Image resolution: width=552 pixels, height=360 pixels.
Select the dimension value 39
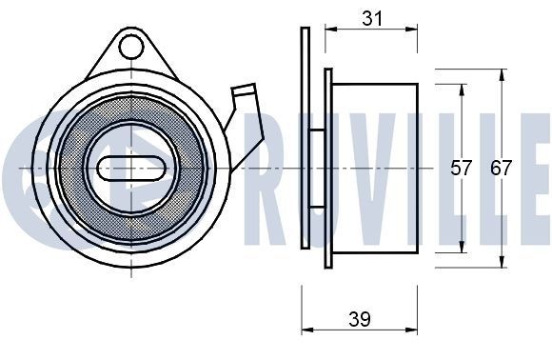[359, 319]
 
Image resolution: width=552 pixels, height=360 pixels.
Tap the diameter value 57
[462, 169]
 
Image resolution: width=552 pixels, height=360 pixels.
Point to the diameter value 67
[502, 169]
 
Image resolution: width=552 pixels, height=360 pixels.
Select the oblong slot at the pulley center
[132, 167]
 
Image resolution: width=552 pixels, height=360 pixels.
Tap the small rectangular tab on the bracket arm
[245, 95]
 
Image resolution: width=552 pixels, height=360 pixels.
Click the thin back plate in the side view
[305, 138]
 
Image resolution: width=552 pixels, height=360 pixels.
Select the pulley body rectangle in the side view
[376, 169]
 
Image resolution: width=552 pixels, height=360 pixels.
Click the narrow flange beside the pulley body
[328, 169]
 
